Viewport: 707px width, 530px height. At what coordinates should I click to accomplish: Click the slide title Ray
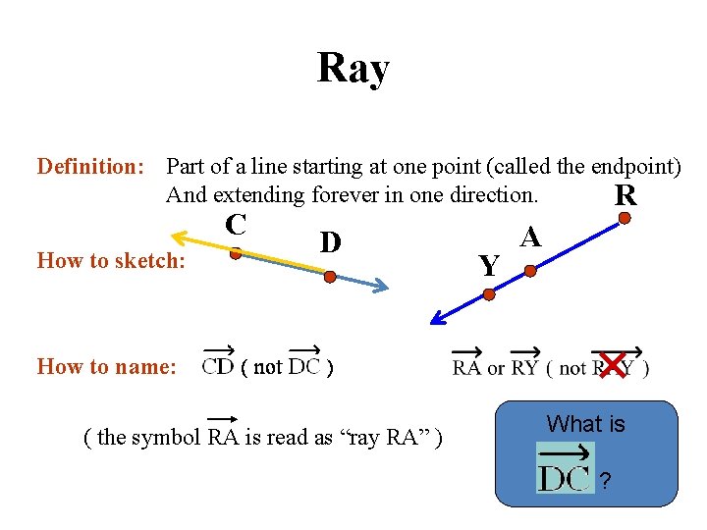(x=353, y=69)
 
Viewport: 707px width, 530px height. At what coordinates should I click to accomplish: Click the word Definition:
(x=90, y=167)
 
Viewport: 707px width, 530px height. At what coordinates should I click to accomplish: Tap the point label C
(x=235, y=224)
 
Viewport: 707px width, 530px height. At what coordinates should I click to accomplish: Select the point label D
(x=330, y=241)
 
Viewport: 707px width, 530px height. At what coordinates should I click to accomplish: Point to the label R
(x=625, y=196)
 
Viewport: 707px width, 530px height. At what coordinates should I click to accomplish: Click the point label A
(x=530, y=237)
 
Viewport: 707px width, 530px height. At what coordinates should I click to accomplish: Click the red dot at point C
(x=236, y=252)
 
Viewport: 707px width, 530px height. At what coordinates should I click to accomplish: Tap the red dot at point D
(x=330, y=277)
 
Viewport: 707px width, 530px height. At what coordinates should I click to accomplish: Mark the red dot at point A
(x=530, y=269)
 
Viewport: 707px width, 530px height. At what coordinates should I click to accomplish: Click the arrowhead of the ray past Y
(x=438, y=318)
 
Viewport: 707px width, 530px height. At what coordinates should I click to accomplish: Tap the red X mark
(x=612, y=365)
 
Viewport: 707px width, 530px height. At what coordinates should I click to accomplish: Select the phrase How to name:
(x=106, y=367)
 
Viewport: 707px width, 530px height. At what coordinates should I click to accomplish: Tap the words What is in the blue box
(x=585, y=424)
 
